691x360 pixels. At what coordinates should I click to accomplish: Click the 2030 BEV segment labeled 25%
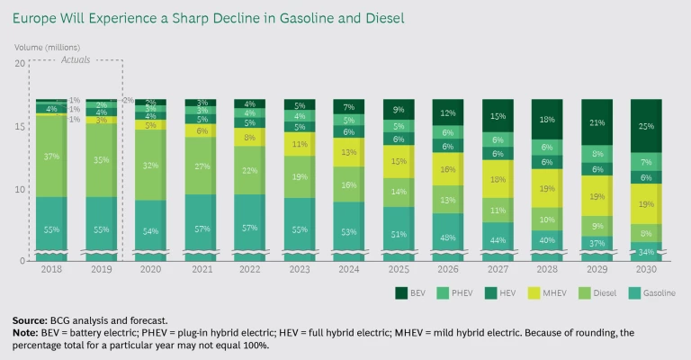coord(645,125)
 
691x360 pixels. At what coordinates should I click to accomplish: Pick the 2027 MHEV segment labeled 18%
coord(496,180)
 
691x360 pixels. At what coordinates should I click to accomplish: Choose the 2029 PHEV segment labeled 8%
coord(596,154)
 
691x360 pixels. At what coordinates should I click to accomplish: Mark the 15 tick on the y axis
coord(20,127)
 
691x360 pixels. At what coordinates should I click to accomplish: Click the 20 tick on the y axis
coord(20,63)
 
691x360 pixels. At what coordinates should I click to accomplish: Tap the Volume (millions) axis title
coord(47,47)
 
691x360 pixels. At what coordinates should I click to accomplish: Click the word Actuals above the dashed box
coord(76,59)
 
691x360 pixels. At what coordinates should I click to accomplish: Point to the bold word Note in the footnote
coord(25,332)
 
